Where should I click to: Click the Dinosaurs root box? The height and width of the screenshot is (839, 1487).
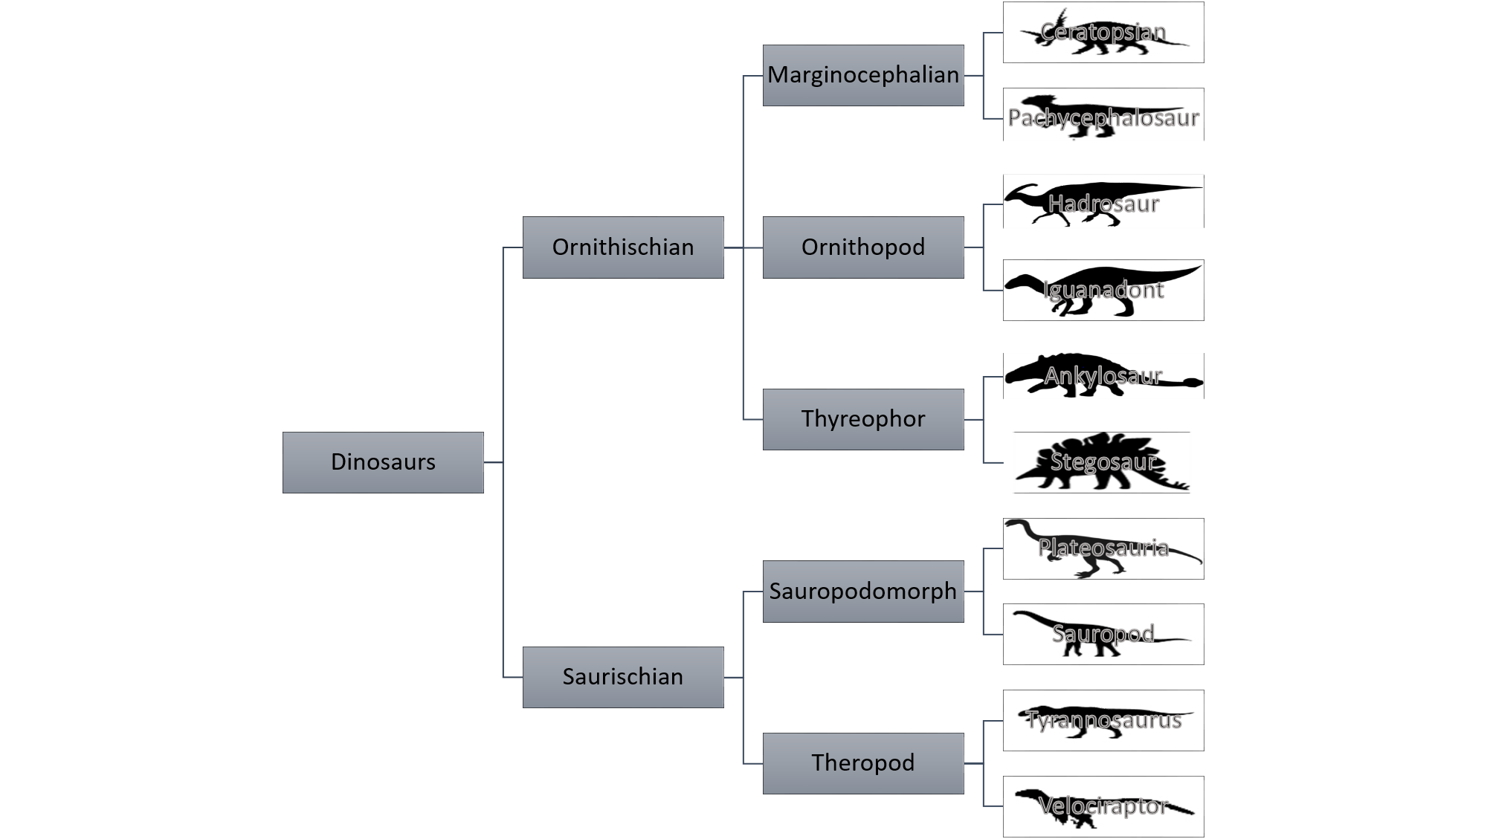pos(383,462)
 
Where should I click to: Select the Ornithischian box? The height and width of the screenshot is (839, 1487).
pos(623,247)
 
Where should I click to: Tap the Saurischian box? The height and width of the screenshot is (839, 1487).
pos(623,677)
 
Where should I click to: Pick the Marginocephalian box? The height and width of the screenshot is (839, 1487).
pos(863,75)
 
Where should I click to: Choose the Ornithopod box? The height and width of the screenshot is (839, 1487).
pos(863,247)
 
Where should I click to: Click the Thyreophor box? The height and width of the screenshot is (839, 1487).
pos(863,419)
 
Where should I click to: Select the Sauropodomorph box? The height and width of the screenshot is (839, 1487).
pos(863,592)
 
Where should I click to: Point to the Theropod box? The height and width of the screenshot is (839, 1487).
pos(863,763)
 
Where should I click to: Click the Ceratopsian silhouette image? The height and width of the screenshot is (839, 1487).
pos(1103,32)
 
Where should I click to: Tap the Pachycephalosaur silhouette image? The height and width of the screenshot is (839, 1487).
pos(1103,115)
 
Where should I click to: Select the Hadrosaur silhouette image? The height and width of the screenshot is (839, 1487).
pos(1103,201)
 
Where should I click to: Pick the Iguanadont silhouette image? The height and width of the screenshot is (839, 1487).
pos(1103,290)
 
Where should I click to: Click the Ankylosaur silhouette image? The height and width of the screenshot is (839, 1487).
pos(1103,376)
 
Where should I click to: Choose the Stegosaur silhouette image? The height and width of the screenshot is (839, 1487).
pos(1101,462)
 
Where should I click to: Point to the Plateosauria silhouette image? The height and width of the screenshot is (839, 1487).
pos(1103,548)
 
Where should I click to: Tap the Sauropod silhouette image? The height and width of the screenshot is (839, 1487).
pos(1103,634)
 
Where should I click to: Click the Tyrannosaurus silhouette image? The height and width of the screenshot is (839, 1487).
pos(1103,720)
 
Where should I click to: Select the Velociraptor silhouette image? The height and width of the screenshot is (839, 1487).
pos(1103,806)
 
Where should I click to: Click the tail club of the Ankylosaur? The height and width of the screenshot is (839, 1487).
pos(1192,383)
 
